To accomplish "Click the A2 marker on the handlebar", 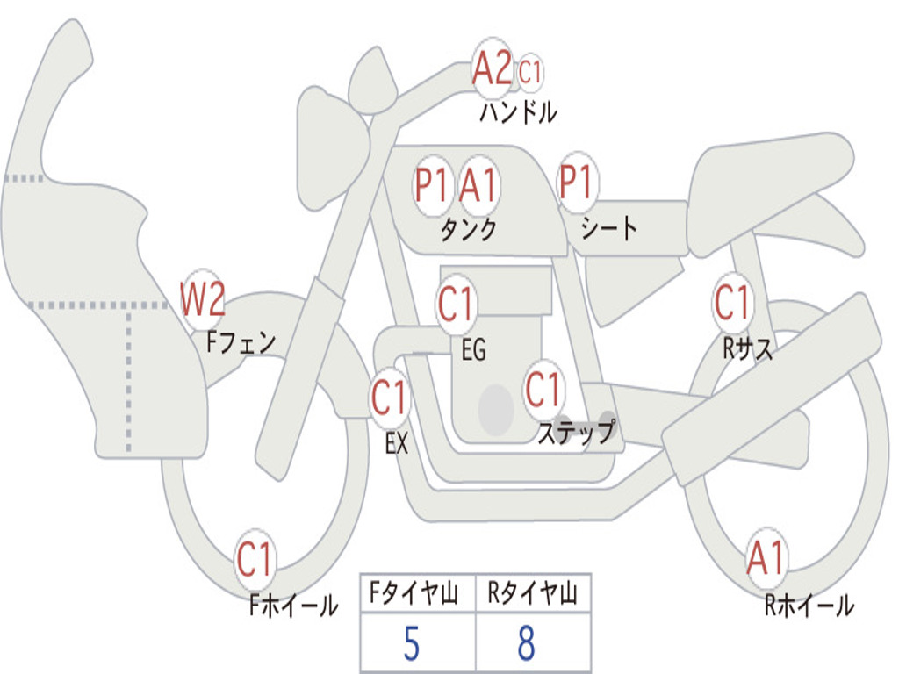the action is point(492,67).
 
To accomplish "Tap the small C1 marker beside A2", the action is point(529,73).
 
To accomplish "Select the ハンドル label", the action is point(518,112).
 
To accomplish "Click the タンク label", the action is point(469,230).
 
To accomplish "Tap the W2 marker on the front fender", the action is point(202,298).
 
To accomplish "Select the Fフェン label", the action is point(241,343).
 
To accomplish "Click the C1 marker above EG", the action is point(457,303).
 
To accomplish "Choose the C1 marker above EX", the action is point(389,397).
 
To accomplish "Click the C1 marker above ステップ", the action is point(543,389).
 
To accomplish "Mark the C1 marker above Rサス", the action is point(733,302).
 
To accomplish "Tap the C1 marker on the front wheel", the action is point(255,558).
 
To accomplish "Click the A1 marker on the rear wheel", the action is point(766,557).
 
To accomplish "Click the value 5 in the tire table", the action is point(412,643).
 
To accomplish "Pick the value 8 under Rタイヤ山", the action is point(527,643).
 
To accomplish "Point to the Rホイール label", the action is point(809,606).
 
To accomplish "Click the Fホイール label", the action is point(293,606).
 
